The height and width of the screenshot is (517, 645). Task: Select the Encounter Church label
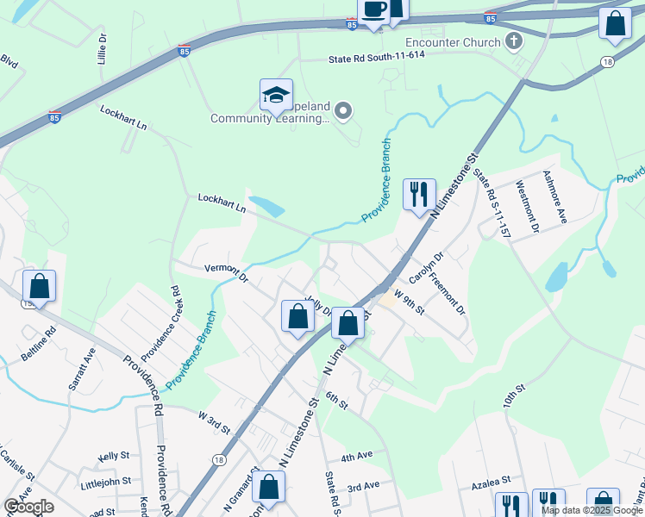tap(451, 42)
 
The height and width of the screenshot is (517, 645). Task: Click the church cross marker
tap(513, 40)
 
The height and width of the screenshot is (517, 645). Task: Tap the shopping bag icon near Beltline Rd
tap(39, 285)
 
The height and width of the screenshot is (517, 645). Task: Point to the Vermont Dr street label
tap(226, 273)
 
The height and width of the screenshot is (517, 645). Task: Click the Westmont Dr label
tap(526, 207)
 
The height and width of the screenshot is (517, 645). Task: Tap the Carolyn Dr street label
tap(426, 267)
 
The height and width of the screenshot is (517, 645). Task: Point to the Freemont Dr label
tap(448, 293)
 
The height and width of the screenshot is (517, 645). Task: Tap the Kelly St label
tap(114, 455)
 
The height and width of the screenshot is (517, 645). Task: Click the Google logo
tap(28, 507)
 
